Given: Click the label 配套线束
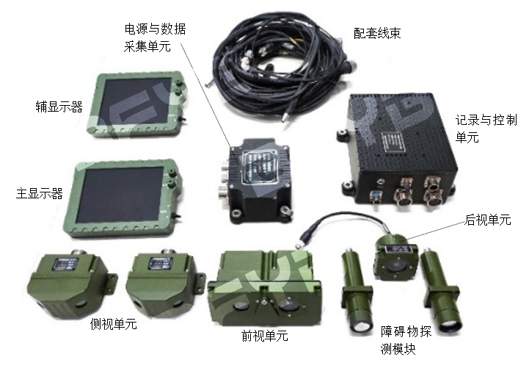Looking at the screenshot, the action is [377, 33].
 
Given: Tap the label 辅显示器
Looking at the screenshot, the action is [59, 107].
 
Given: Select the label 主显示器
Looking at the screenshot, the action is [40, 193].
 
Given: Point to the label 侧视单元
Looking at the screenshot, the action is [113, 324].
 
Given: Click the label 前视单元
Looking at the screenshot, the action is [265, 336].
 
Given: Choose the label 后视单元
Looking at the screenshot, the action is [488, 220].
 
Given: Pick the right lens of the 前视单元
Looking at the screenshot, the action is [289, 306].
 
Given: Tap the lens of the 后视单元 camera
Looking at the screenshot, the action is [395, 266].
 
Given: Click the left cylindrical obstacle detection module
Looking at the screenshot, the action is [357, 292].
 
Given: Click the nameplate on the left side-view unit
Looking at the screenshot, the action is [65, 264].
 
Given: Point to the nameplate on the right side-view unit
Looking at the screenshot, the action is [161, 263].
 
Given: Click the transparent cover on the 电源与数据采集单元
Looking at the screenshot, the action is [260, 165].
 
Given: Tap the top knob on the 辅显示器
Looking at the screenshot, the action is [178, 83].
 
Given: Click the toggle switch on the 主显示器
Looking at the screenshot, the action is [175, 215].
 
